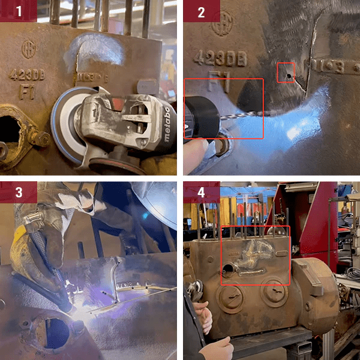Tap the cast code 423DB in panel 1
[27, 75]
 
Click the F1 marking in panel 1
[26, 92]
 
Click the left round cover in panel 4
[229, 299]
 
